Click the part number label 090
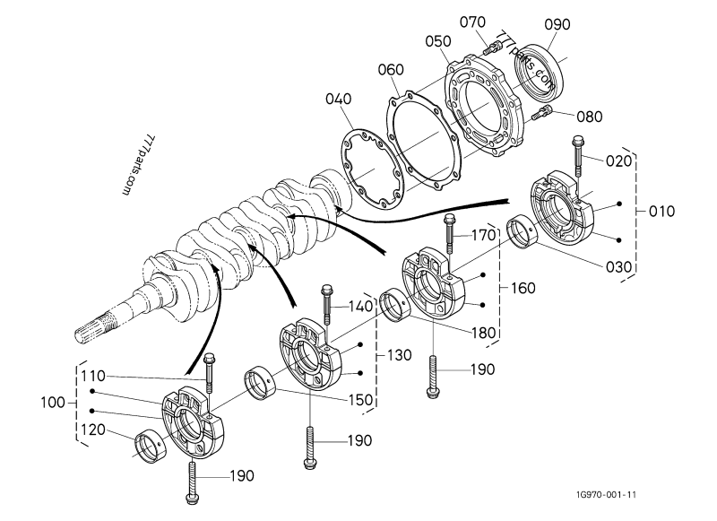point(557,25)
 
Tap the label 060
point(390,70)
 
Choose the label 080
point(589,117)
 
